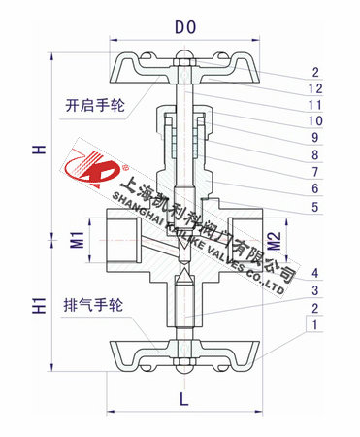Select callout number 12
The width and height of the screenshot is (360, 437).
[315, 87]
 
